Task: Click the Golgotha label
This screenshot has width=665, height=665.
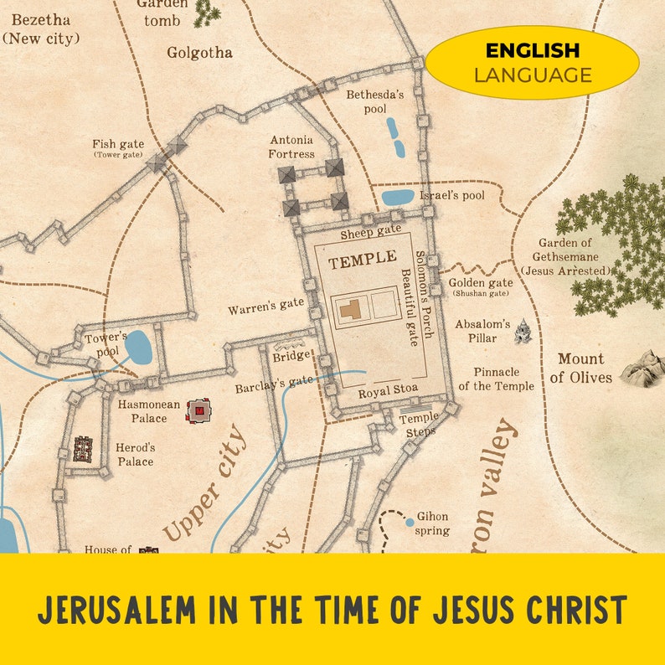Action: [199, 53]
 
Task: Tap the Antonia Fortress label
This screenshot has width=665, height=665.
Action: [291, 147]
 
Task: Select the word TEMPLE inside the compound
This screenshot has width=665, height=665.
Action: [362, 262]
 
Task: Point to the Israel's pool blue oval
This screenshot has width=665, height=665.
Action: [398, 198]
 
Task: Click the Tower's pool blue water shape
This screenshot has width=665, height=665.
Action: [138, 347]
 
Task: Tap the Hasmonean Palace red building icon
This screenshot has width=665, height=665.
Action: [198, 410]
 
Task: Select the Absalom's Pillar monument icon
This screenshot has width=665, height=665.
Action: [523, 331]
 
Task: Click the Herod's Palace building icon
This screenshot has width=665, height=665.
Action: [83, 449]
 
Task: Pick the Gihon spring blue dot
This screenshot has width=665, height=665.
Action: [410, 522]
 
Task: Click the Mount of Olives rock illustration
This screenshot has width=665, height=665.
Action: [642, 368]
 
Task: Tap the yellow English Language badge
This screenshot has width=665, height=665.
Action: [532, 63]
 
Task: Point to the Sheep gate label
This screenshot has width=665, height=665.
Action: [370, 230]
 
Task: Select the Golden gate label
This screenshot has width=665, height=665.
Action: [480, 283]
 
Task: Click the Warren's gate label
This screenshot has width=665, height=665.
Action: [265, 307]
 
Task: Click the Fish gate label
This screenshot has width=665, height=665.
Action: [118, 144]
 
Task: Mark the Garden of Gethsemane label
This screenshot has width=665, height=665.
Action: [564, 256]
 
